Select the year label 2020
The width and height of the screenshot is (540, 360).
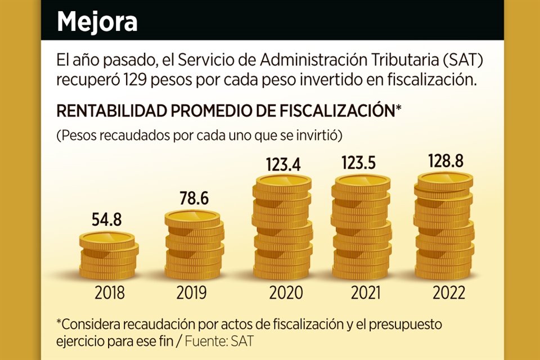(282, 293)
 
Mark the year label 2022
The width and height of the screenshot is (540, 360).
(444, 293)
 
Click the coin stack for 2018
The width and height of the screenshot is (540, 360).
(107, 256)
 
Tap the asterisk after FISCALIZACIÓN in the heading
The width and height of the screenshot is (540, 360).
(398, 109)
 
